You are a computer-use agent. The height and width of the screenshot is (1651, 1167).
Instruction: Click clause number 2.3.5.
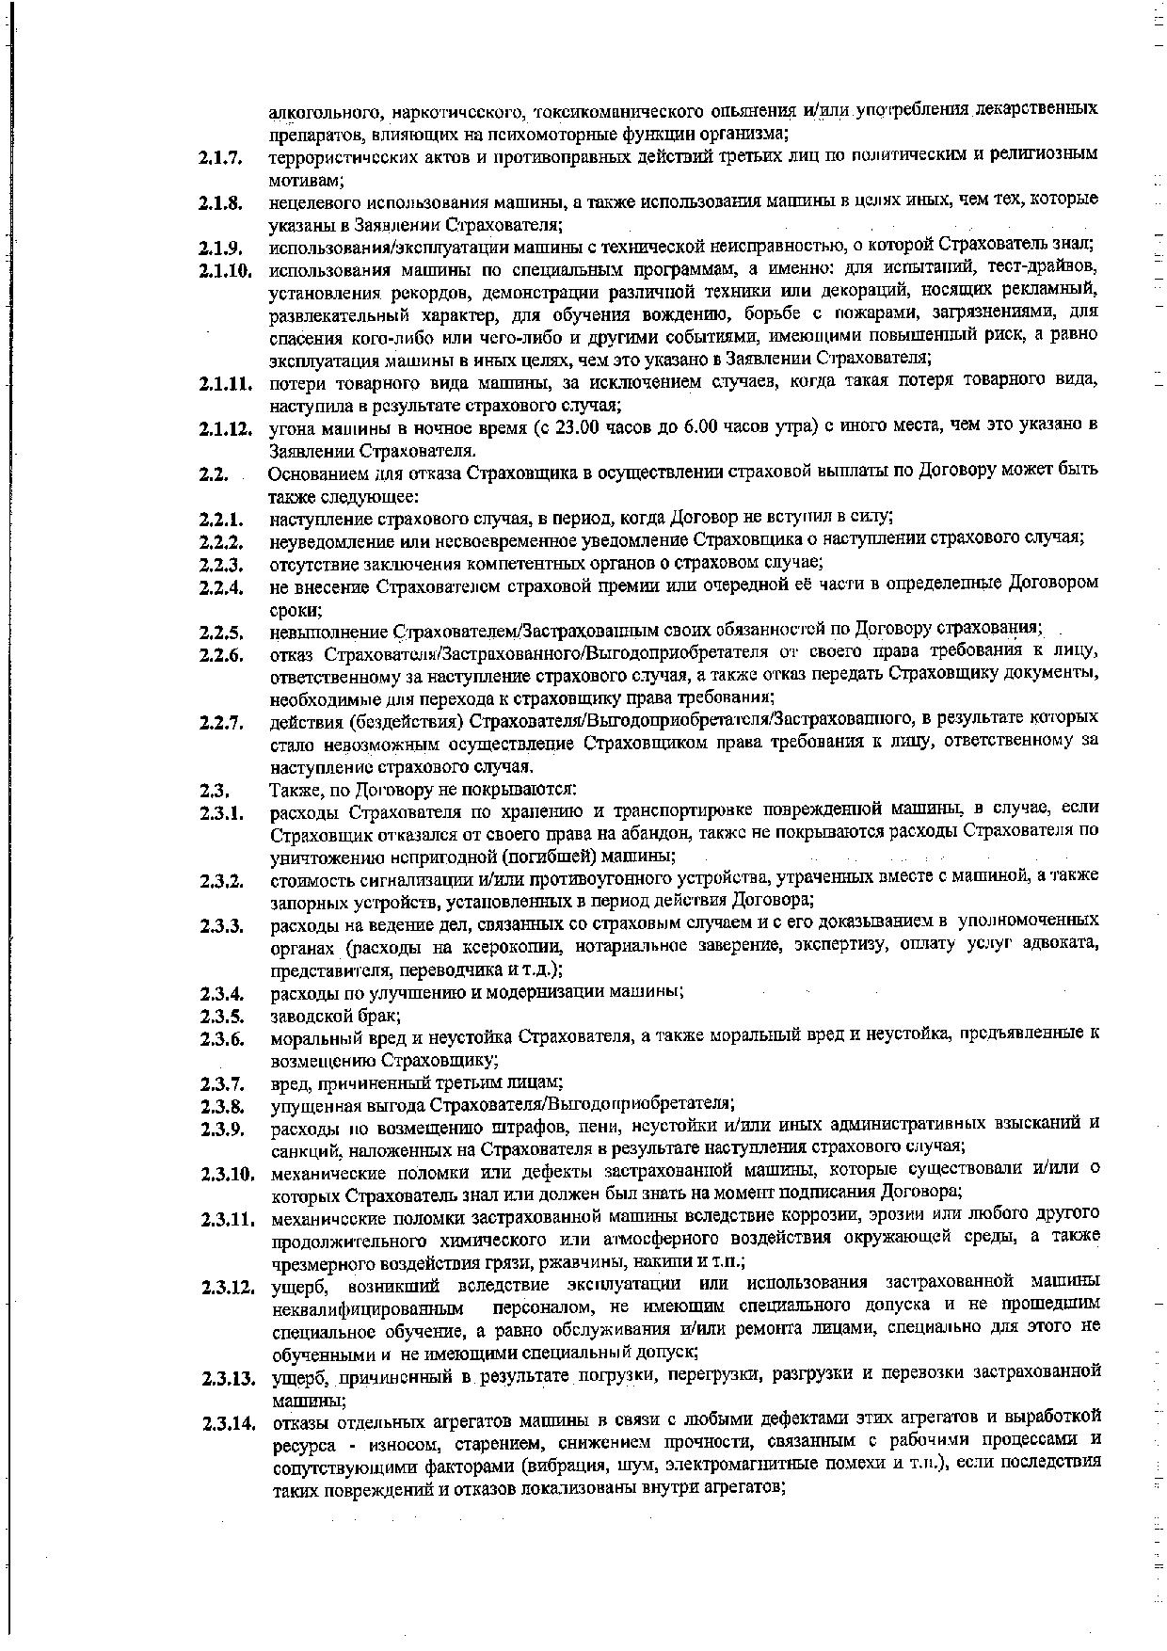click(x=221, y=1016)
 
